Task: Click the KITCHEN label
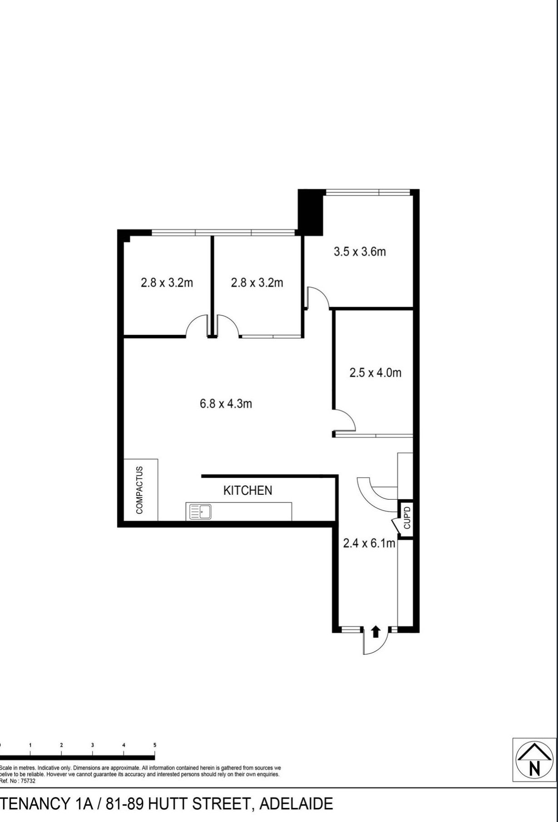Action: point(247,490)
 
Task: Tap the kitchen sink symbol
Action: point(199,512)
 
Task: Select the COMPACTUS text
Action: point(139,490)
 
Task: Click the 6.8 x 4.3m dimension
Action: point(226,404)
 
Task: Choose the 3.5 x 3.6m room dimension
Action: point(360,251)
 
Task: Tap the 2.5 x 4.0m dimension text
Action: point(375,373)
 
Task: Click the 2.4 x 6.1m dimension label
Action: point(369,543)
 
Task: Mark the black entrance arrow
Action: point(375,632)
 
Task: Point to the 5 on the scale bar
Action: point(155,745)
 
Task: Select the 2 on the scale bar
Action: point(61,745)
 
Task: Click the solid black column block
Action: point(310,212)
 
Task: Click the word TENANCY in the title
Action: point(34,804)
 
